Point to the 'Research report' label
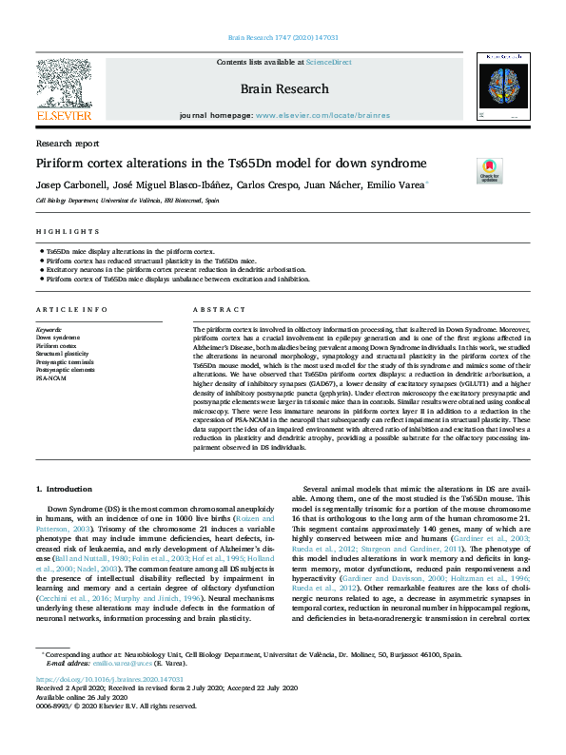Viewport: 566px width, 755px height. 67,144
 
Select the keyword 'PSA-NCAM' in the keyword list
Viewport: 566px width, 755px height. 51,377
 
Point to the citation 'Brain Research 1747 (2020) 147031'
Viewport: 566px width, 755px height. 283,38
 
